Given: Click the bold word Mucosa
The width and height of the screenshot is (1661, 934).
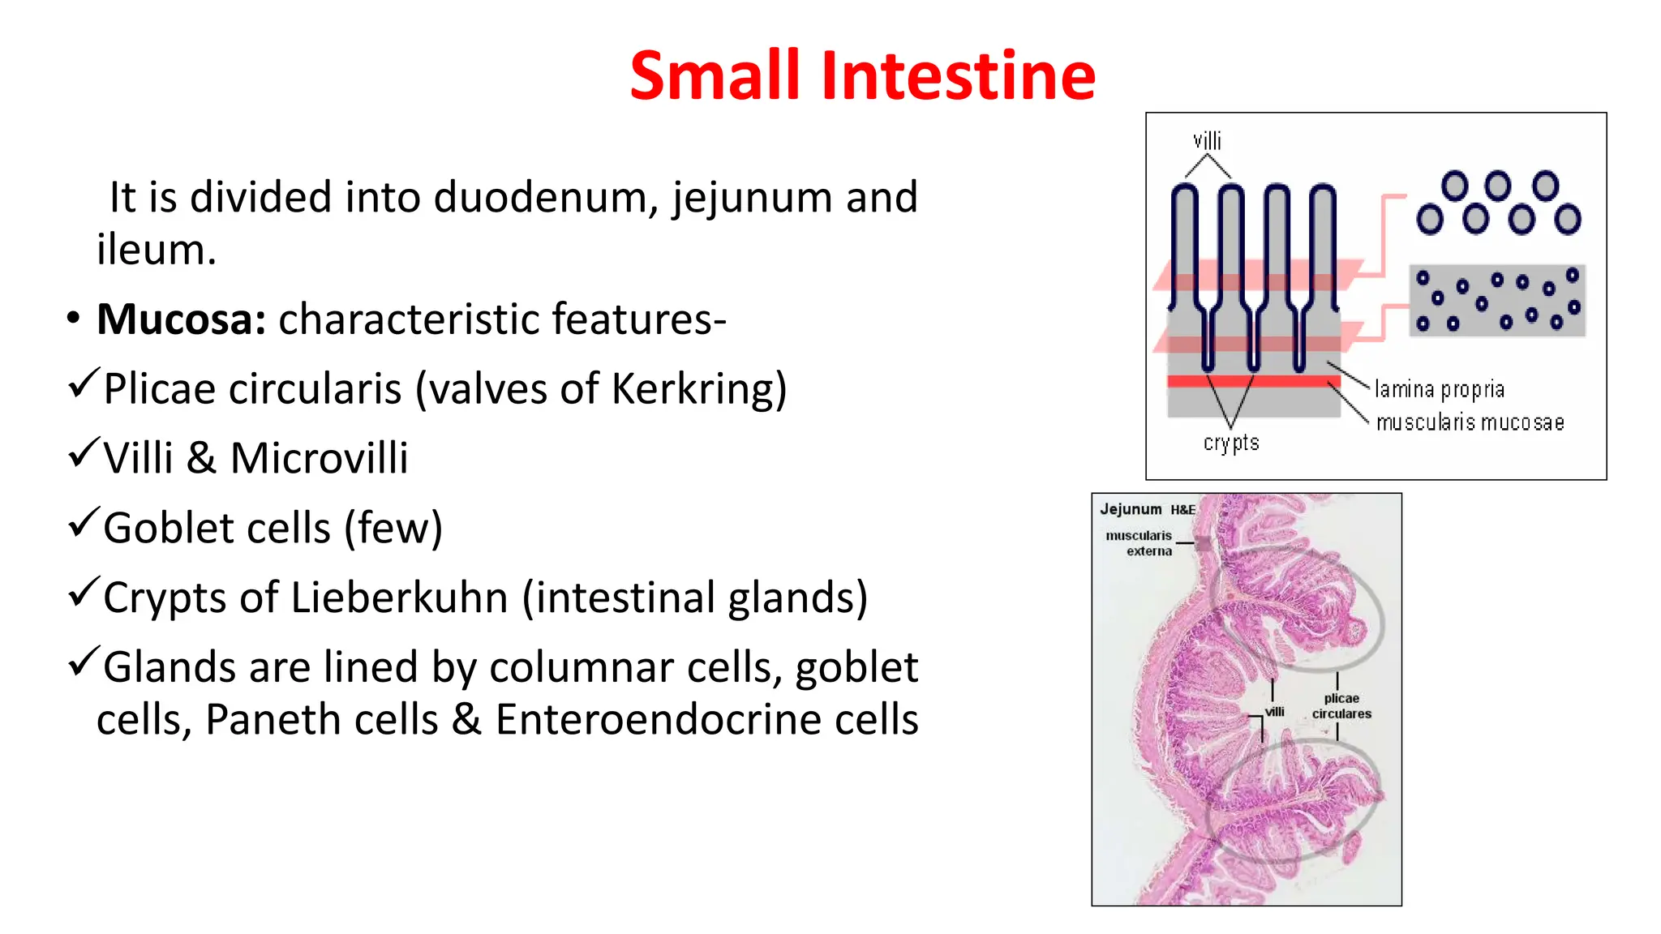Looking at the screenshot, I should click(x=181, y=319).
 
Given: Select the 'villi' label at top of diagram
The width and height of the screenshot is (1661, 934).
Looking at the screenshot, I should click(x=1207, y=141).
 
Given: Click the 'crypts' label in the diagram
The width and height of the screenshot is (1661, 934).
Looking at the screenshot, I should click(x=1231, y=443).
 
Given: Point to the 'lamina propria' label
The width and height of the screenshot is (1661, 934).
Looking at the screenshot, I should click(x=1439, y=390).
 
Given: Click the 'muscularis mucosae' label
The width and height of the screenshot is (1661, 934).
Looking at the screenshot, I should click(x=1470, y=422).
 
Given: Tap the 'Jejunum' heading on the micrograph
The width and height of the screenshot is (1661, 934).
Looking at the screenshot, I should click(x=1131, y=509).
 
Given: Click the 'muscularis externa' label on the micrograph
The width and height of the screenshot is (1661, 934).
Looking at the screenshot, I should click(x=1140, y=543).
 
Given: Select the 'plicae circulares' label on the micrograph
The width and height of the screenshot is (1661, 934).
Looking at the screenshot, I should click(x=1341, y=706).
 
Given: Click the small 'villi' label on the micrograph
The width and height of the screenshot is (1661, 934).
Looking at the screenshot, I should click(x=1275, y=712).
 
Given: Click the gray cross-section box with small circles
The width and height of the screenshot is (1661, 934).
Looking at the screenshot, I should click(x=1497, y=300).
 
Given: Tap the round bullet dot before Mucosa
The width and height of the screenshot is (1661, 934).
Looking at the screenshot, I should click(x=74, y=319).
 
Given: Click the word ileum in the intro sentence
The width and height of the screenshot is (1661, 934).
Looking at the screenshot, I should click(x=156, y=250).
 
